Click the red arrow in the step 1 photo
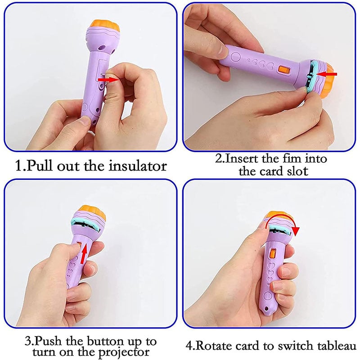(108, 80)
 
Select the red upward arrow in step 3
(85, 254)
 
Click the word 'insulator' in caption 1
(138, 166)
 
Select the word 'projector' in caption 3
(124, 352)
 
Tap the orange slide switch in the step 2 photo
(283, 70)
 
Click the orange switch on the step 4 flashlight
(273, 254)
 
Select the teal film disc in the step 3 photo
(85, 225)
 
